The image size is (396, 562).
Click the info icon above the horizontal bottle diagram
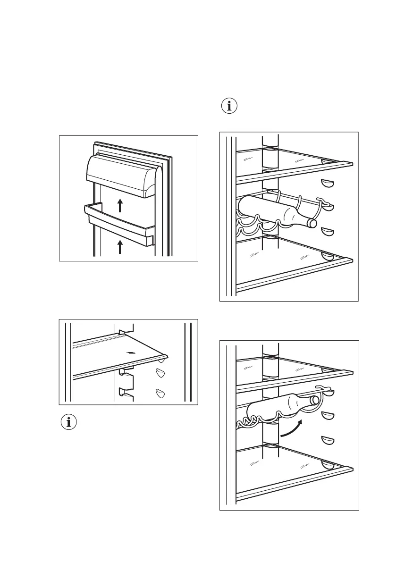coord(230,106)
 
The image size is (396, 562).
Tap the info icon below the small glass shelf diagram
coord(69,422)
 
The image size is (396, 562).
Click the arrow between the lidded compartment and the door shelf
coord(120,205)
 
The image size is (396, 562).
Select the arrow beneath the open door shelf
coord(120,247)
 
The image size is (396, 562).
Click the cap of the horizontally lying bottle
coord(312,223)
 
